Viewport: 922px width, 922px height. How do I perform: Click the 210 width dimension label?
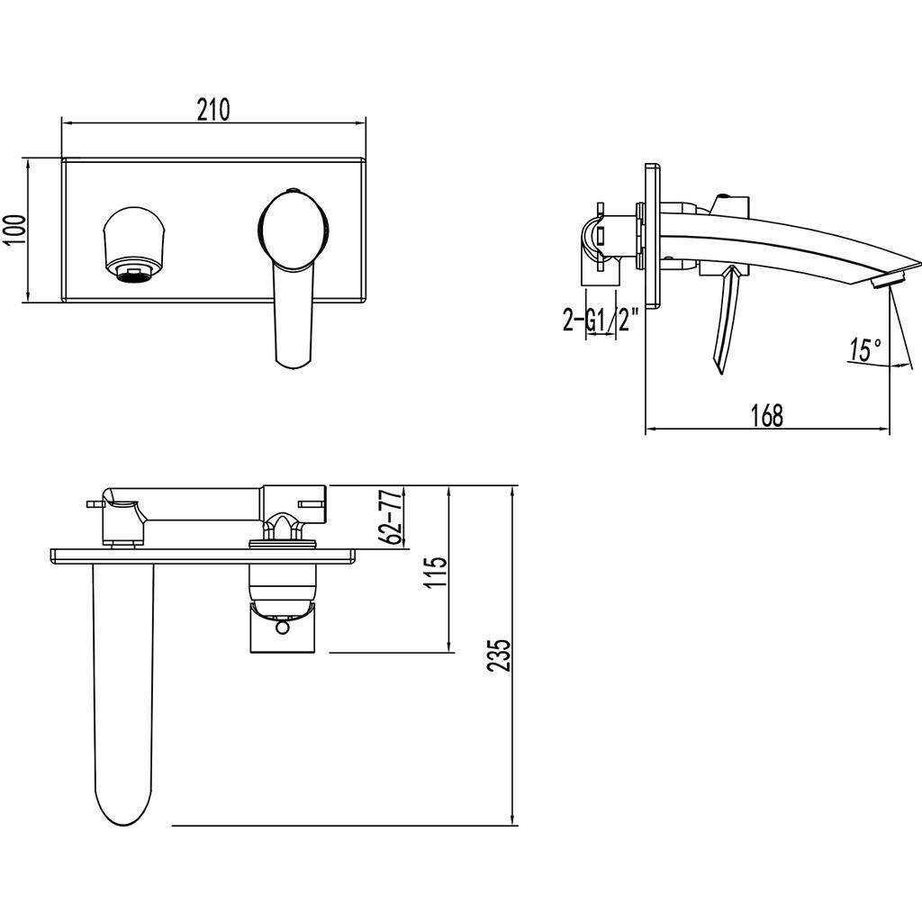pyautogui.click(x=213, y=110)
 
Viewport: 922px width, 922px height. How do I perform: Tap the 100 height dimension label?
pyautogui.click(x=16, y=230)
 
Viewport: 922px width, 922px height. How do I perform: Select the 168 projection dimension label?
pyautogui.click(x=767, y=415)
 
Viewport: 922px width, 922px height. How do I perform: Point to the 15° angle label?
pyautogui.click(x=865, y=349)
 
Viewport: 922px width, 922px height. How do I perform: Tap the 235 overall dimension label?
pyautogui.click(x=499, y=655)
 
